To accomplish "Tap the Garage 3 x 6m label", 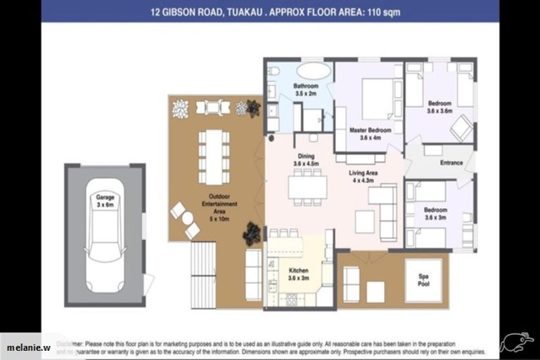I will (105, 202).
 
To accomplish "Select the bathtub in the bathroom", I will (313, 71).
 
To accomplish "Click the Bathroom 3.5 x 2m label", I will (306, 89).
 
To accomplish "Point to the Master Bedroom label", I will (370, 134).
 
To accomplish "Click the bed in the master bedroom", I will (378, 98).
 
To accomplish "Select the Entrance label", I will (451, 163).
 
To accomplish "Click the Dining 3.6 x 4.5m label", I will (306, 160).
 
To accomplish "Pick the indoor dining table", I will (307, 186).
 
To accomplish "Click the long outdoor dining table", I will (214, 155).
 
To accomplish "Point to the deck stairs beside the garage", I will (203, 274).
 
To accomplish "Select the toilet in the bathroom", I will (274, 71).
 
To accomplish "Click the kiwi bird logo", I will (517, 342).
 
